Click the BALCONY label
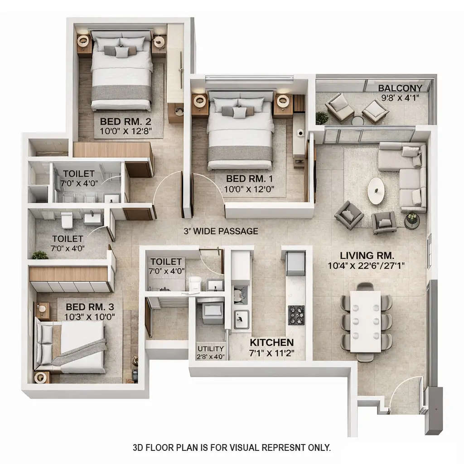coord(400,88)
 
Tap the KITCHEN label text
coord(272,343)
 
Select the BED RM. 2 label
coord(126,121)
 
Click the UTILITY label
coord(211,348)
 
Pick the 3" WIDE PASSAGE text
coord(221,231)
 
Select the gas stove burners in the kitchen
coord(296,312)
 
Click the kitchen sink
coord(240,317)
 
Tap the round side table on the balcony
coord(358,121)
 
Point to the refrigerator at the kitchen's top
coord(295,264)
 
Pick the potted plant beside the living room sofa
coord(411,219)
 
